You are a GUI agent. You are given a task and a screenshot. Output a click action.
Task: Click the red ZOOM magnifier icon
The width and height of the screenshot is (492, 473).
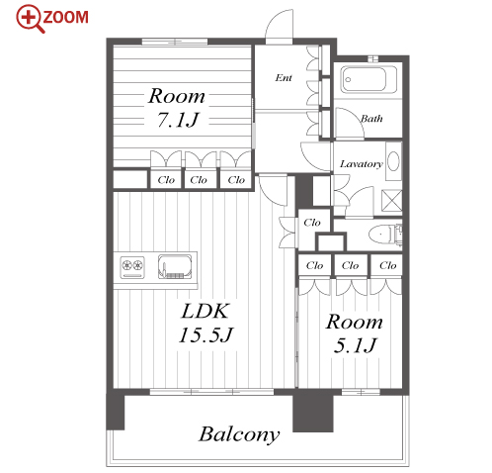coord(29,19)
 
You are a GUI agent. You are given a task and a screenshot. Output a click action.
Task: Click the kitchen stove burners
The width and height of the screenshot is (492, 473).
coord(132,267)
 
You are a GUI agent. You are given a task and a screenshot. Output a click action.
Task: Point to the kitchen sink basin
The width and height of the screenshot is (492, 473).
coord(175,266)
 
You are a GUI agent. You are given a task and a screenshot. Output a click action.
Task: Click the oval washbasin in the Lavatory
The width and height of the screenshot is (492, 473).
coord(393,161)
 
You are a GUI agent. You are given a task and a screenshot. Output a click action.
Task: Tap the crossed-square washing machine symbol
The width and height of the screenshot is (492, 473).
coord(391,200)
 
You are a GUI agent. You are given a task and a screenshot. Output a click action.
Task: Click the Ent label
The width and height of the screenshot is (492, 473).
coord(284,78)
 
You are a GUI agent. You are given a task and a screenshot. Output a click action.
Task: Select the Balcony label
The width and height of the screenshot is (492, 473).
coord(239,435)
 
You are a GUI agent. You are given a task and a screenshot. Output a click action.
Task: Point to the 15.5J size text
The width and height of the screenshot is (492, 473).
coord(205,334)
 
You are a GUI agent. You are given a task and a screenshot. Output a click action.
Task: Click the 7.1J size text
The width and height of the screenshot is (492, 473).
coord(178,120)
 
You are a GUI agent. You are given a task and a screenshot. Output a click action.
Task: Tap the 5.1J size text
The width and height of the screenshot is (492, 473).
coord(355,345)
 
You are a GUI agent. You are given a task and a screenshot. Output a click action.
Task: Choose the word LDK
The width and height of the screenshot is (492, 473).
coord(205,311)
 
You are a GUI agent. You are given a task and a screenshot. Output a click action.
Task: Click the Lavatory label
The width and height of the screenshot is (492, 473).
coord(362,164)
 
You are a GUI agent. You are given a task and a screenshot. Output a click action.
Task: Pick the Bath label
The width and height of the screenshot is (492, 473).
coord(371,119)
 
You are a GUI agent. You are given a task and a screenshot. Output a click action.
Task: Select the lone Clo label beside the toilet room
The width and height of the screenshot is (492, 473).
coord(312,223)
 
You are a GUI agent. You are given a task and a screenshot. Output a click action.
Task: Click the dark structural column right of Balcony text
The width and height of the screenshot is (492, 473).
coord(313,412)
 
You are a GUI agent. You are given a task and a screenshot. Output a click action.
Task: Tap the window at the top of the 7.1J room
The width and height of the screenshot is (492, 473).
coord(175,42)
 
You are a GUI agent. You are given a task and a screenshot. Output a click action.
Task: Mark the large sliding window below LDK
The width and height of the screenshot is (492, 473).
coord(211,392)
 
